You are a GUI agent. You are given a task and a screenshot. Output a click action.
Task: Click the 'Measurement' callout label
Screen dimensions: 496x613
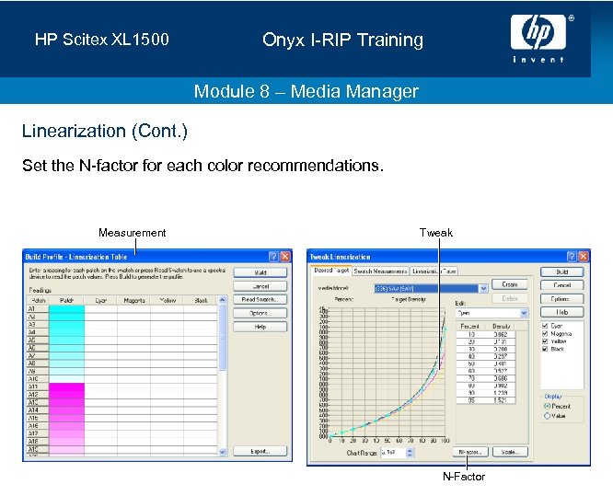pyautogui.click(x=133, y=233)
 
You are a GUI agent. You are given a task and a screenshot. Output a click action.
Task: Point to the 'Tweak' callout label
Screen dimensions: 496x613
pyautogui.click(x=436, y=233)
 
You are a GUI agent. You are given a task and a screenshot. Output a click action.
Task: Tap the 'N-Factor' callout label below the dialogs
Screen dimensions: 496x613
pyautogui.click(x=463, y=477)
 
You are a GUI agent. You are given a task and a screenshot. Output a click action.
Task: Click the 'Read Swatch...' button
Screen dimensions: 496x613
pyautogui.click(x=260, y=300)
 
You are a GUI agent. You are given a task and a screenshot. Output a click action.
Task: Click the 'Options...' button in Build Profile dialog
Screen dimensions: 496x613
pyautogui.click(x=260, y=314)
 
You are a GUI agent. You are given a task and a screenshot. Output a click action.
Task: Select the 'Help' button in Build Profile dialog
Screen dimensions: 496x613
pyautogui.click(x=260, y=327)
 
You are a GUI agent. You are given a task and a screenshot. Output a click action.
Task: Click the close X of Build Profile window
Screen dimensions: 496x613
pyautogui.click(x=285, y=257)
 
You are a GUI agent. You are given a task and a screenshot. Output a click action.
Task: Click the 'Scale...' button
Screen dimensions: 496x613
pyautogui.click(x=508, y=453)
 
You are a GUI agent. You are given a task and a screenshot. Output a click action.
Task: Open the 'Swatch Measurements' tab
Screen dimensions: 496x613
pyautogui.click(x=380, y=271)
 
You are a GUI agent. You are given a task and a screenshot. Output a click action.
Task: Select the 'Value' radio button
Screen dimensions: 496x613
pyautogui.click(x=547, y=415)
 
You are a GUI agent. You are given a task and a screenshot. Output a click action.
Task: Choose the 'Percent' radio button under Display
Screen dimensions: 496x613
pyautogui.click(x=547, y=406)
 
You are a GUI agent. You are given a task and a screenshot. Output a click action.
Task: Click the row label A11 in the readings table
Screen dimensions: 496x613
pyautogui.click(x=34, y=386)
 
